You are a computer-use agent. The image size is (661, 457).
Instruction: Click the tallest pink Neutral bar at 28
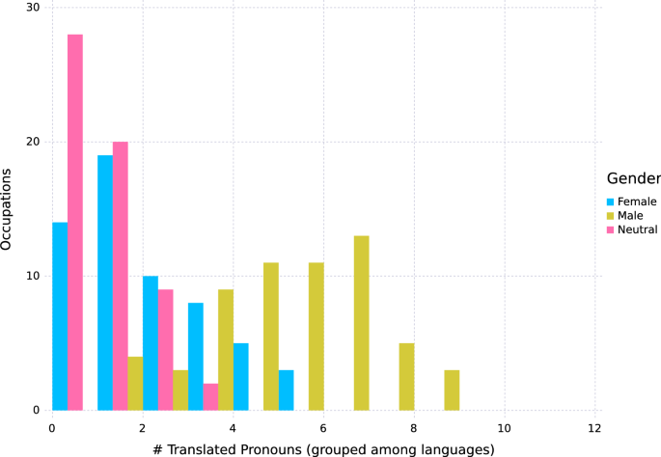(75, 222)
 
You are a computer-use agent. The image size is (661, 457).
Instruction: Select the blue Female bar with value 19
(105, 282)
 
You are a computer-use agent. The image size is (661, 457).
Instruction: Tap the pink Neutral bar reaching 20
(121, 276)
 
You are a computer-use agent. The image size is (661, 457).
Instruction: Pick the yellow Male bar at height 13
(362, 323)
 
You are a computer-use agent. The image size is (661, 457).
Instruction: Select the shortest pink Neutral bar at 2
(211, 397)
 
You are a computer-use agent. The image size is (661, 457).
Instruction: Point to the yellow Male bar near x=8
(407, 377)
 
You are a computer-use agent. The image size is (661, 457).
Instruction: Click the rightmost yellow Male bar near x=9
(453, 390)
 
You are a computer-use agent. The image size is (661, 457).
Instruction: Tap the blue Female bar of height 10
(151, 343)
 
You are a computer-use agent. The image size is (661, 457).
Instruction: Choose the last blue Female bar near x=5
(287, 390)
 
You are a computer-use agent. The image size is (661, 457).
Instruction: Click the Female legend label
(638, 202)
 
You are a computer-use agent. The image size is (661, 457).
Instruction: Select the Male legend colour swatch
(611, 216)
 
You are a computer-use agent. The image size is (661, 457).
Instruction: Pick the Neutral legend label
(638, 229)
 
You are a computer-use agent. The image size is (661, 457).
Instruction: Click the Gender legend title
(633, 179)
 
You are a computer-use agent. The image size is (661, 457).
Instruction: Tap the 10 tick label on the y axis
(33, 277)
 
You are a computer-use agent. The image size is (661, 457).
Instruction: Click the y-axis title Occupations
(9, 209)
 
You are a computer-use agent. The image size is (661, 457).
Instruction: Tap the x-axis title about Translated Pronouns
(322, 447)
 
